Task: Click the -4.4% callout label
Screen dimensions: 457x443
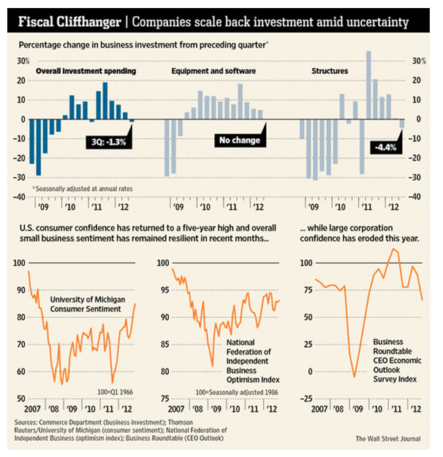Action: click(385, 148)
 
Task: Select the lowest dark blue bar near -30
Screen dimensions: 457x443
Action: click(38, 146)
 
